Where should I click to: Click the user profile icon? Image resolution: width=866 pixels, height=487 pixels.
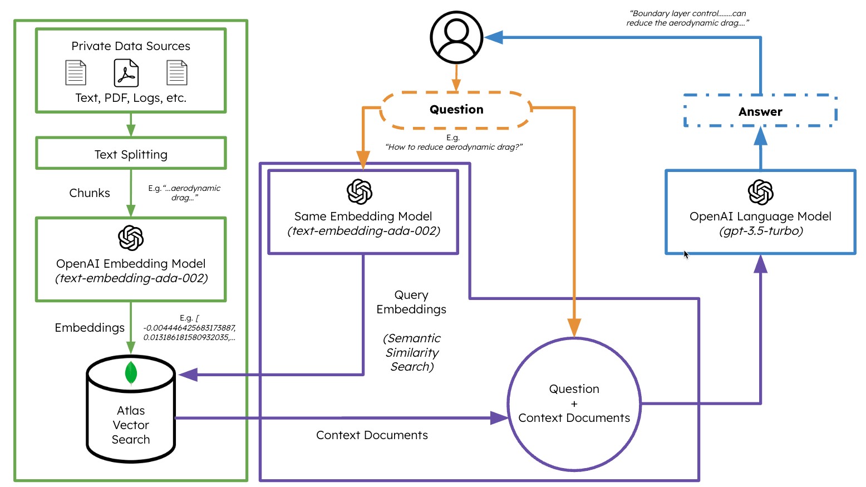456,37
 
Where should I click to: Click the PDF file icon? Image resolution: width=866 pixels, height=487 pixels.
126,73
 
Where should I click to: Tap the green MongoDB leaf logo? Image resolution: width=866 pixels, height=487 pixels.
131,373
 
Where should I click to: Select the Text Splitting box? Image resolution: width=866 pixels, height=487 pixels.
131,154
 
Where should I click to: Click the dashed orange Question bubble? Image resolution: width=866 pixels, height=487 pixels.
456,110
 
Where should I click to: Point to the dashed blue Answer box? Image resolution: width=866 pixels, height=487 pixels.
760,111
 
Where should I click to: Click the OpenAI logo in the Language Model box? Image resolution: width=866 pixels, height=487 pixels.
760,193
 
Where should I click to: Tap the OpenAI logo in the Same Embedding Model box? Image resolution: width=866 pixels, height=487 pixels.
360,192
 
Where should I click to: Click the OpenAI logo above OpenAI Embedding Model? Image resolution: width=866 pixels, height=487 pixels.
131,238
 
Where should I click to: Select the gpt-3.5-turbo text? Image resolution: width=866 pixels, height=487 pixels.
761,231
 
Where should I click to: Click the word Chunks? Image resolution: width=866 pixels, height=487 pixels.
90,193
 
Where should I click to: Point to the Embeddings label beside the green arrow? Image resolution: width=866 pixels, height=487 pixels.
90,328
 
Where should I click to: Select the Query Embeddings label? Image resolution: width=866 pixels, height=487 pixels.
411,302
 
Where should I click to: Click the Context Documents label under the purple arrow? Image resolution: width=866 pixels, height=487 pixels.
372,435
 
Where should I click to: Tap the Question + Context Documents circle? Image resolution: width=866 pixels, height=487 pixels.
574,404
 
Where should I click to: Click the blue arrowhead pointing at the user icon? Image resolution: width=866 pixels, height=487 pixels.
494,37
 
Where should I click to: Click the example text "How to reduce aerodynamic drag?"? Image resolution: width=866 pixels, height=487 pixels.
454,147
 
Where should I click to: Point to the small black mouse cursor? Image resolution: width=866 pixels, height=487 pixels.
686,254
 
